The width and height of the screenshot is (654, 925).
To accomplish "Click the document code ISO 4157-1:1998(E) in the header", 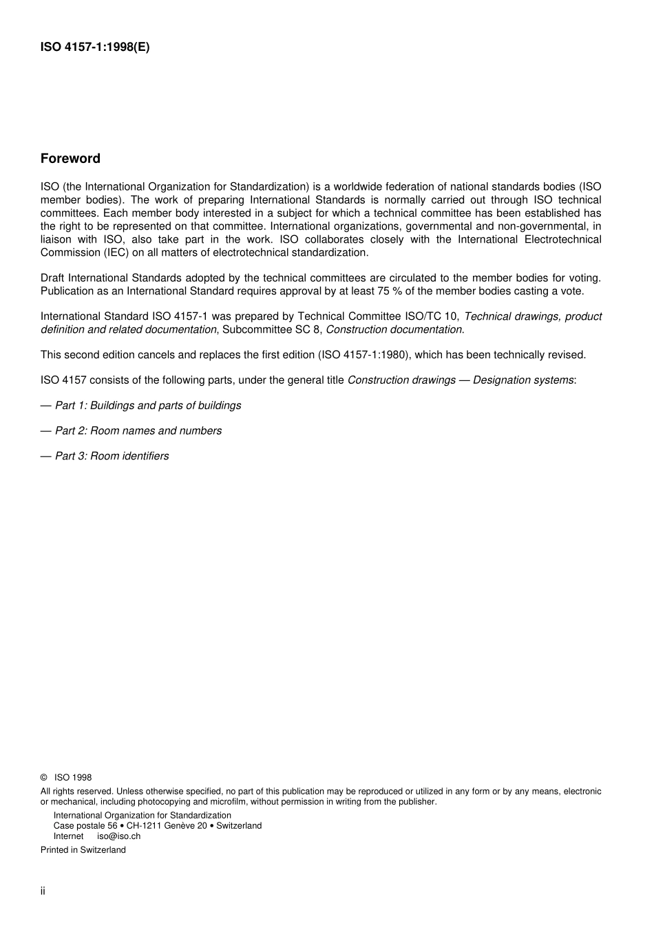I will click(94, 47).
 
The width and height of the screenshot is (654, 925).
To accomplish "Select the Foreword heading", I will click(70, 159).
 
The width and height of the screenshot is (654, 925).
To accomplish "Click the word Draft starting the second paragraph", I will click(53, 278).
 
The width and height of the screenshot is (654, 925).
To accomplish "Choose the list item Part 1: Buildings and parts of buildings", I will click(148, 406).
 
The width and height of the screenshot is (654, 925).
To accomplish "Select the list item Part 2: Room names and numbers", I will click(138, 431).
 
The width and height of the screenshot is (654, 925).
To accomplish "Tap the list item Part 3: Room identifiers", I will click(112, 456).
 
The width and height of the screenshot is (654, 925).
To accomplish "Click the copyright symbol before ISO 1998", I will click(44, 778).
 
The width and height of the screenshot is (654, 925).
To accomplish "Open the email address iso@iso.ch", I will click(118, 836).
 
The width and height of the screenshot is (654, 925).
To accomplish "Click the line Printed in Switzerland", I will click(83, 850).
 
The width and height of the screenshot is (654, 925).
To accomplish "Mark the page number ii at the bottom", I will click(43, 891).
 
